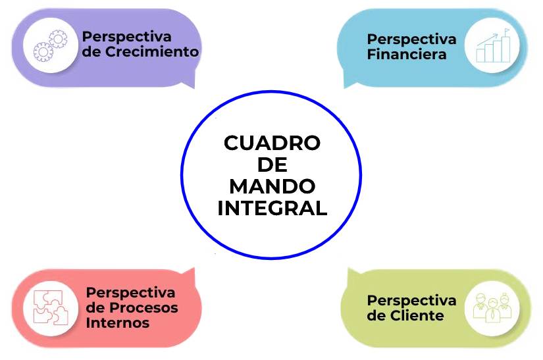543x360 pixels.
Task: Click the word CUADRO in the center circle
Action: click(271, 143)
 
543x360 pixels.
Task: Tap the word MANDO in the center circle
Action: click(272, 186)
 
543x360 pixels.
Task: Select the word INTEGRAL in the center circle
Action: click(272, 208)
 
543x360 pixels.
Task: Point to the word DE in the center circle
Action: click(272, 165)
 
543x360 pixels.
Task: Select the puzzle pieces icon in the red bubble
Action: click(51, 307)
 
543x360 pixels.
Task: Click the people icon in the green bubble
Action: click(492, 307)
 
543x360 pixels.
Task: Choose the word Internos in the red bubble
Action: click(118, 322)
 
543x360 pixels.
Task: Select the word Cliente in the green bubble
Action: click(415, 315)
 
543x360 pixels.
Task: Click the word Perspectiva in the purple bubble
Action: click(126, 36)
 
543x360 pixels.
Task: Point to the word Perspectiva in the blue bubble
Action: click(411, 39)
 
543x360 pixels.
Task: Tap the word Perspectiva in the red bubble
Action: click(131, 292)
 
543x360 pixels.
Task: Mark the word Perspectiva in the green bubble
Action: click(411, 300)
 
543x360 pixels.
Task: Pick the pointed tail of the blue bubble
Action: click(349, 83)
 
